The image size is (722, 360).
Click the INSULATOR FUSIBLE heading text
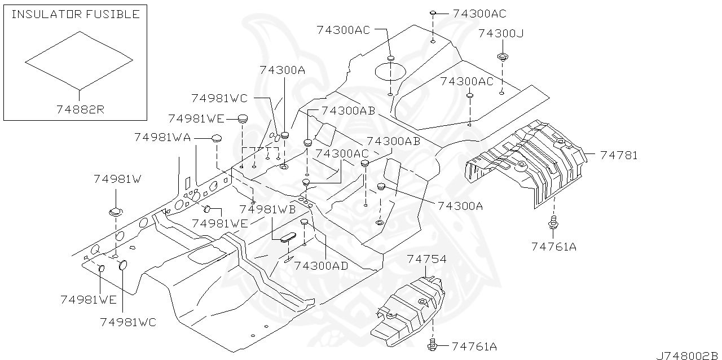pos(75,14)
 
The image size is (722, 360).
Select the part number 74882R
pos(80,109)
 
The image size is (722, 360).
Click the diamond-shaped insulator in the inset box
pos(79,60)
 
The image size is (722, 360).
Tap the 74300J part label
pos(501,33)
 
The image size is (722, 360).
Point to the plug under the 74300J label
pos(501,56)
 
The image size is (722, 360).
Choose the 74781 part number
pos(618,155)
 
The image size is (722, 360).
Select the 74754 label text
pos(426,259)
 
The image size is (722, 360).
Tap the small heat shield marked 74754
pos(409,308)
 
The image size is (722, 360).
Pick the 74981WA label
pos(162,137)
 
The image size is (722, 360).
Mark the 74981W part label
pos(117,179)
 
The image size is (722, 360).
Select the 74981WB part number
pos(267,209)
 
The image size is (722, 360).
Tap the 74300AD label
pos(321,265)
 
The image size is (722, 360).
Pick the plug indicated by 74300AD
pos(304,222)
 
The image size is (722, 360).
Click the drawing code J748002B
pos(687,355)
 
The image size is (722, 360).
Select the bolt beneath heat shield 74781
pos(553,224)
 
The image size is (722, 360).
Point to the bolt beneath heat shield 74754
pos(433,343)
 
